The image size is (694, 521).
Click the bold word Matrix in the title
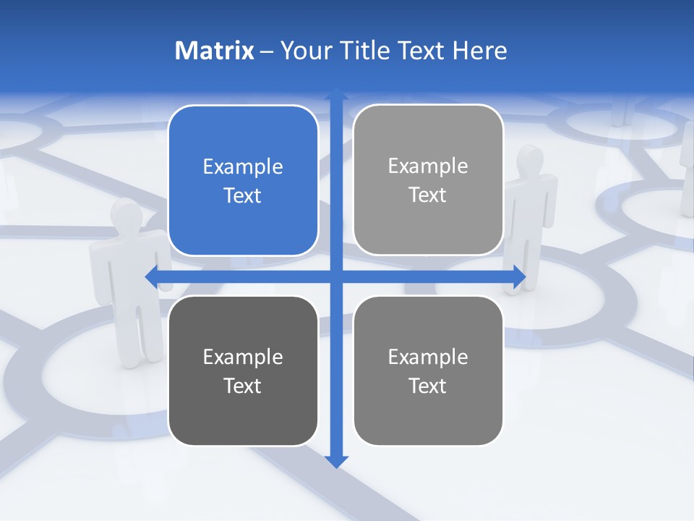pyautogui.click(x=214, y=51)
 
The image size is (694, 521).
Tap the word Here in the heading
pyautogui.click(x=479, y=51)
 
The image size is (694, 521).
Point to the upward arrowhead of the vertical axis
pyautogui.click(x=336, y=94)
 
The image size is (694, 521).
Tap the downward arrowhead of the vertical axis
pyautogui.click(x=336, y=461)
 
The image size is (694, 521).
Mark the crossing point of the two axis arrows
pyautogui.click(x=336, y=276)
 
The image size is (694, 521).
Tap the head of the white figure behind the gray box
pyautogui.click(x=531, y=159)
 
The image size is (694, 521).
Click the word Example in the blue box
pyautogui.click(x=243, y=167)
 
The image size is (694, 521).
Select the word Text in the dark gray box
pyautogui.click(x=243, y=386)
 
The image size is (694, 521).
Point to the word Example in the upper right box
pyautogui.click(x=428, y=166)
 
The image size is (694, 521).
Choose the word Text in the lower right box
pyautogui.click(x=428, y=386)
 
